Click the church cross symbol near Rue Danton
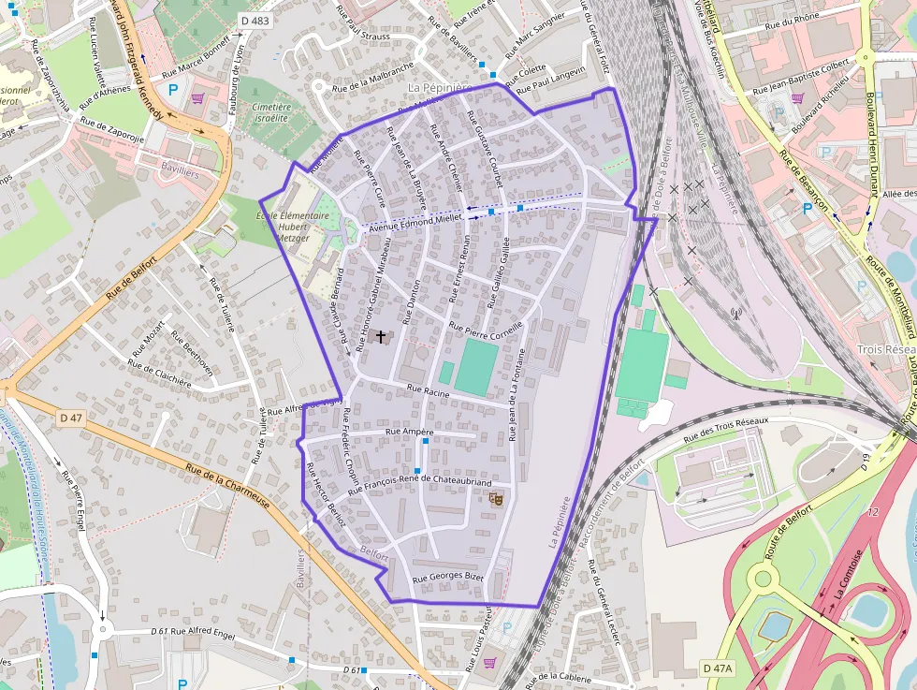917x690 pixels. pos(380,336)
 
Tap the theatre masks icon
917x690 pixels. pos(496,500)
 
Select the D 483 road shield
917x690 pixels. pos(254,20)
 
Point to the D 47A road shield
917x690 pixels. pos(718,668)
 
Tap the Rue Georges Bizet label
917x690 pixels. pos(448,578)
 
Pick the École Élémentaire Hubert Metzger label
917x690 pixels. pos(292,227)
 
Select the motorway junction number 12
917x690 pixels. pos(873,512)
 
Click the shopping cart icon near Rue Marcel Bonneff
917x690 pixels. pos(197,96)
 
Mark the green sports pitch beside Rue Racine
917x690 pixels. pos(476,367)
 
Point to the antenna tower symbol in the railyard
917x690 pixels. pos(735,314)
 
